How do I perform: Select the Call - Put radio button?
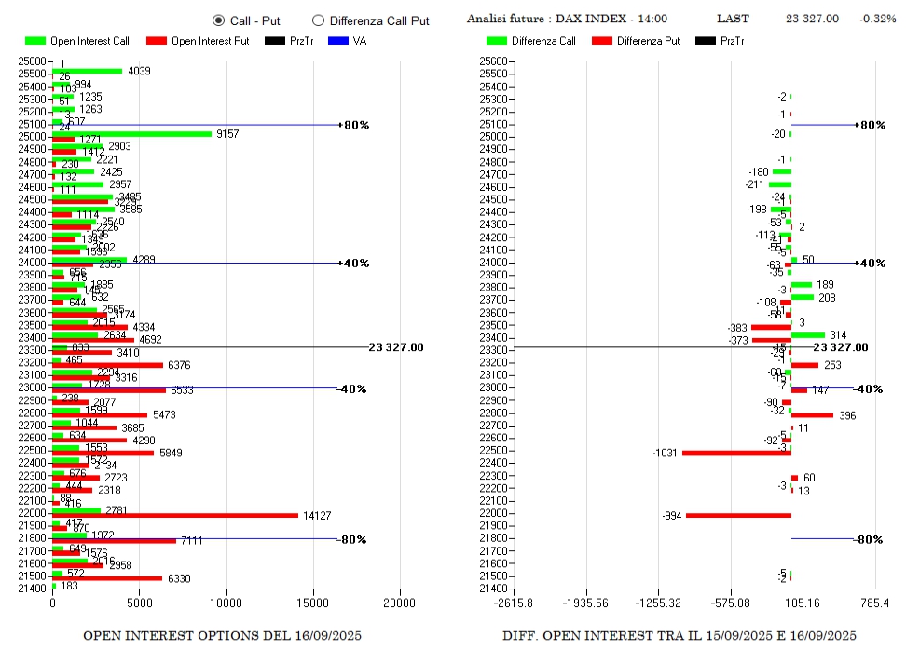click(219, 20)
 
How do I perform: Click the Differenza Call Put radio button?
click(318, 20)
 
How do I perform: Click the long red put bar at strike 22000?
click(175, 515)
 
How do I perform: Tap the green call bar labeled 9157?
click(131, 133)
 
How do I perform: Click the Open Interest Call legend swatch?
click(35, 41)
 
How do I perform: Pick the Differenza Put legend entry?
click(602, 41)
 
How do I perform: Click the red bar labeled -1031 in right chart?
click(736, 453)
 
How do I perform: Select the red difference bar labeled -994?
click(738, 515)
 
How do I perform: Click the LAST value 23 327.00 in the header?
click(812, 19)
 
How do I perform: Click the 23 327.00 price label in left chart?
click(395, 347)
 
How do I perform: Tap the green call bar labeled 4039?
click(87, 71)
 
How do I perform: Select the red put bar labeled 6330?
click(107, 578)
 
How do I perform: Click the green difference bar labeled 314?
click(808, 334)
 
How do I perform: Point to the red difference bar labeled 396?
click(812, 415)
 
